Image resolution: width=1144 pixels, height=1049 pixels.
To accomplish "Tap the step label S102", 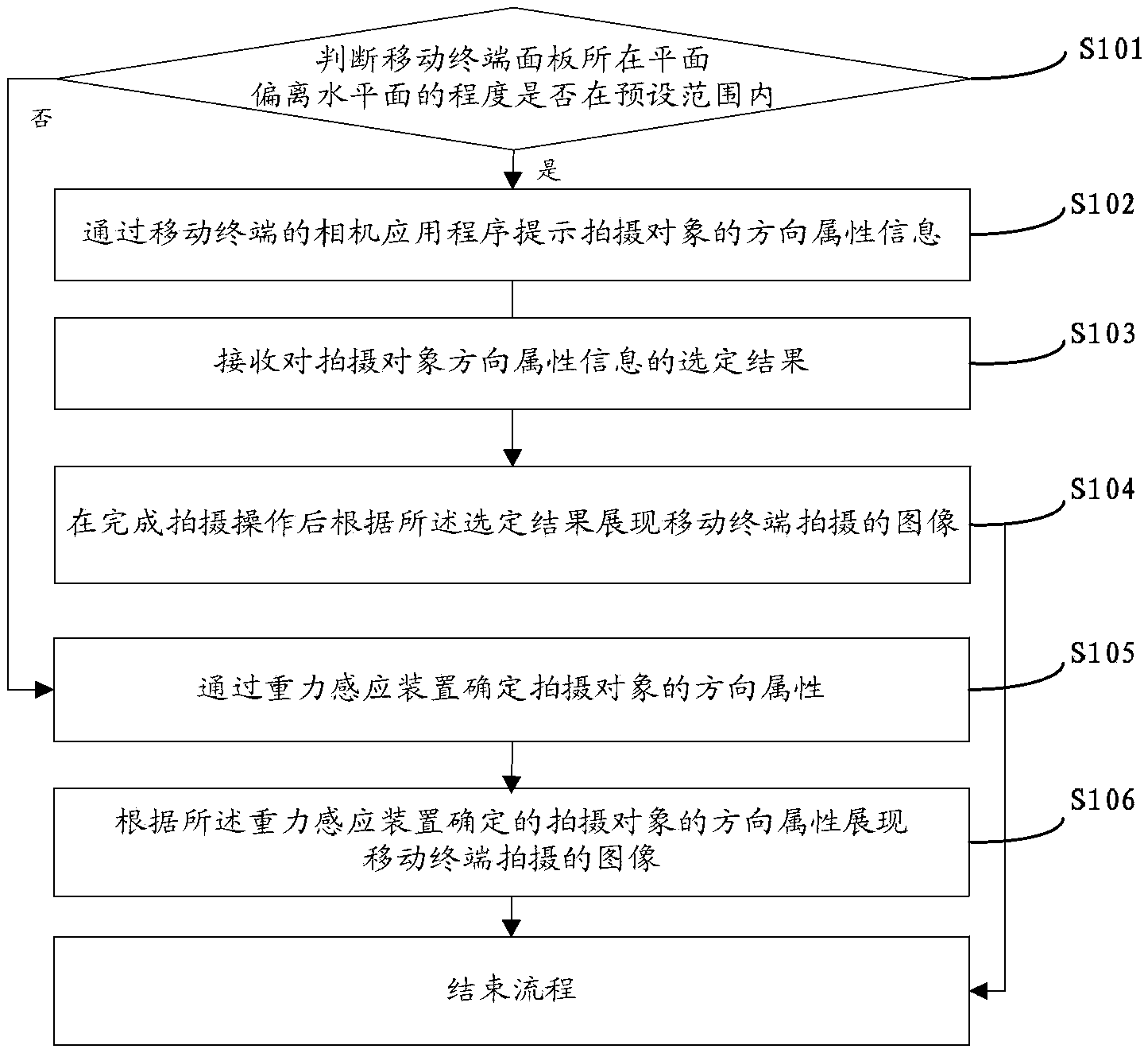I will tap(1103, 205).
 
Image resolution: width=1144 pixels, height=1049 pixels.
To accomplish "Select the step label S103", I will tap(1103, 334).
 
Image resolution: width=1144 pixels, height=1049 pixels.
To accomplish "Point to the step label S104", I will tap(1103, 490).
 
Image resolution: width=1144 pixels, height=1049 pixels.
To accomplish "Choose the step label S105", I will tap(1103, 653).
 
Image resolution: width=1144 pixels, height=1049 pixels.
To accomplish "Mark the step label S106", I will tap(1103, 799).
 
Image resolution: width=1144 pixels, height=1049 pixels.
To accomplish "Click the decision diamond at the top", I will tap(512, 79).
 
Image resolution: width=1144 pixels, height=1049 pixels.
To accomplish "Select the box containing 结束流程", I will tap(512, 990).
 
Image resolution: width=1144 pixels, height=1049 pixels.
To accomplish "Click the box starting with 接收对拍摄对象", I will tap(512, 363).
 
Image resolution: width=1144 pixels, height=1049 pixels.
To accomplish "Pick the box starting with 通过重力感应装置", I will tap(512, 689).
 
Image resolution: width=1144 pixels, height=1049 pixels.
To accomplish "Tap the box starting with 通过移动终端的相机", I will tap(512, 234).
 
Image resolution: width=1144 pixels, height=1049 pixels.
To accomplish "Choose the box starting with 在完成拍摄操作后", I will tap(512, 524).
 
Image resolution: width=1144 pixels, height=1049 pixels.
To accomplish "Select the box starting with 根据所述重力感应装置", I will tap(512, 841).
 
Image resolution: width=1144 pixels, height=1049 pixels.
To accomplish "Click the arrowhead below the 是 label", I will tap(512, 180).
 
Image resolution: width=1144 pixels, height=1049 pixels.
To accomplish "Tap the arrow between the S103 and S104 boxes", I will tap(512, 438).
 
